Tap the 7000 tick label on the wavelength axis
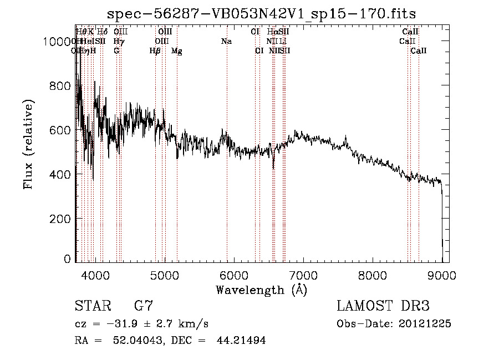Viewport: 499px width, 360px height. tap(303, 274)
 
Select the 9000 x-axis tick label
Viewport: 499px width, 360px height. tap(442, 274)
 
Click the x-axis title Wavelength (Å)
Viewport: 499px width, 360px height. tap(261, 290)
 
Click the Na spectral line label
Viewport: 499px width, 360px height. tap(226, 42)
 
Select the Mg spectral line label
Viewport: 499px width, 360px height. tap(177, 51)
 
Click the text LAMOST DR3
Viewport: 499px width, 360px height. tap(383, 306)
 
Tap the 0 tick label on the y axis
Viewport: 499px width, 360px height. tap(69, 259)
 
